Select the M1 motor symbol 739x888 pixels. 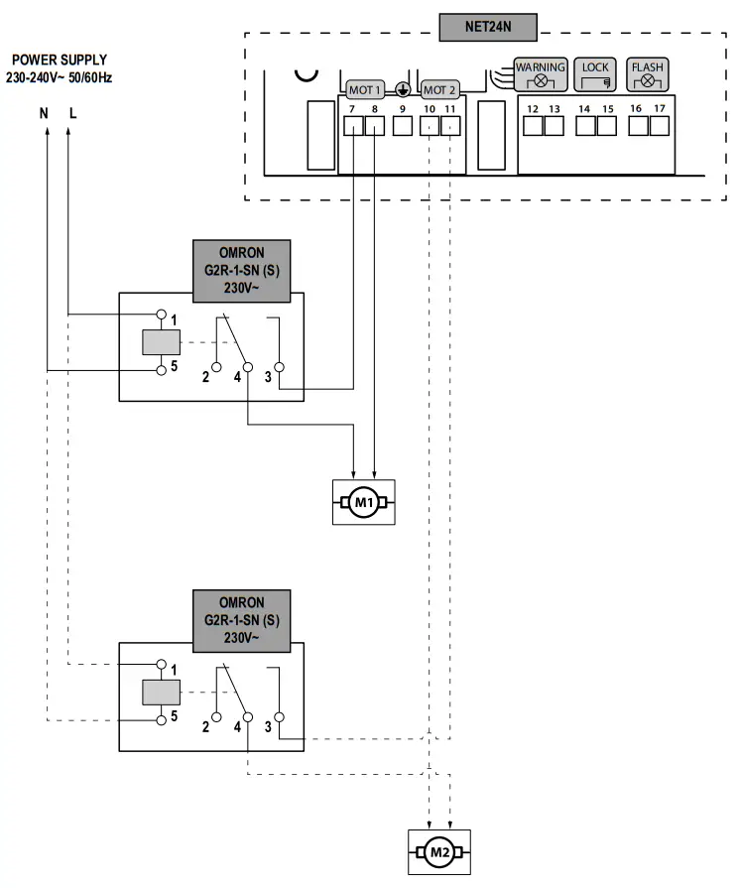pos(363,502)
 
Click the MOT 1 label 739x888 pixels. pos(364,89)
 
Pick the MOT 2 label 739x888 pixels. pos(439,89)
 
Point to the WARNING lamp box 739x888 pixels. pos(541,73)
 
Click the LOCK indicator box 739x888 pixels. pos(595,73)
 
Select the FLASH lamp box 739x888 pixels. pos(648,73)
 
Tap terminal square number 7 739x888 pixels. pos(353,126)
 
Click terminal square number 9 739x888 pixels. pos(402,126)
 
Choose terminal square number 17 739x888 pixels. pos(659,126)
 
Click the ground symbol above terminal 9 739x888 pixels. pos(403,88)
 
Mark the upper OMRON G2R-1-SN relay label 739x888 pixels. pos(241,270)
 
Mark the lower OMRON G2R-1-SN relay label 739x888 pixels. pos(241,619)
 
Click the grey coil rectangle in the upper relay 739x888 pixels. pos(160,342)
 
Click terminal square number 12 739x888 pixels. pos(533,126)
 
